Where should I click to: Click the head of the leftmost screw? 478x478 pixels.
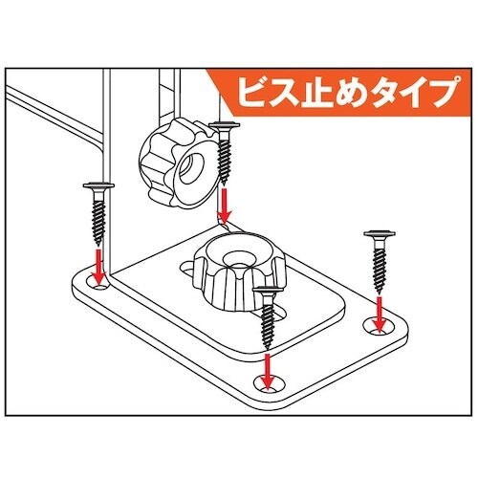98,185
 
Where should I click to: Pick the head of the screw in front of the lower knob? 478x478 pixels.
268,288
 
